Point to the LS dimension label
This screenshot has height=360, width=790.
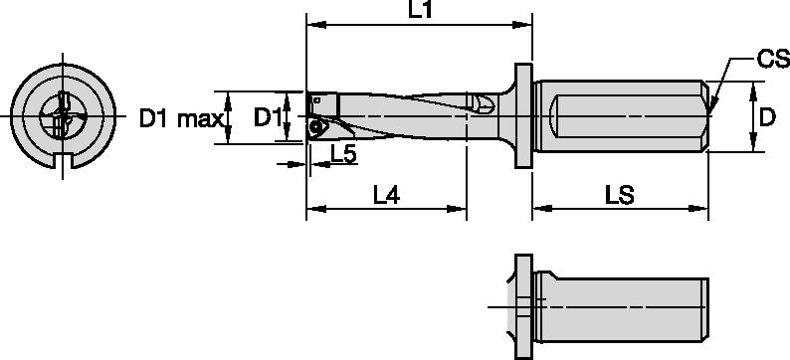coord(620,196)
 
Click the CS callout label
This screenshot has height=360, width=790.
coord(769,61)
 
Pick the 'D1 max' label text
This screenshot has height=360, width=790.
coord(179,119)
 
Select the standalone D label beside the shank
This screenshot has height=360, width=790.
coord(767,118)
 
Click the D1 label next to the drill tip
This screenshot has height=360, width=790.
coord(267,118)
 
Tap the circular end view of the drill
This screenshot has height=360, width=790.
coord(64,116)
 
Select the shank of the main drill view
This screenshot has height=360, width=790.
coord(622,118)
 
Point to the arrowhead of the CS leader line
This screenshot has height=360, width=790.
coord(713,102)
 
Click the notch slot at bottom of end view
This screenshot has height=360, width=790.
coord(64,164)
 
